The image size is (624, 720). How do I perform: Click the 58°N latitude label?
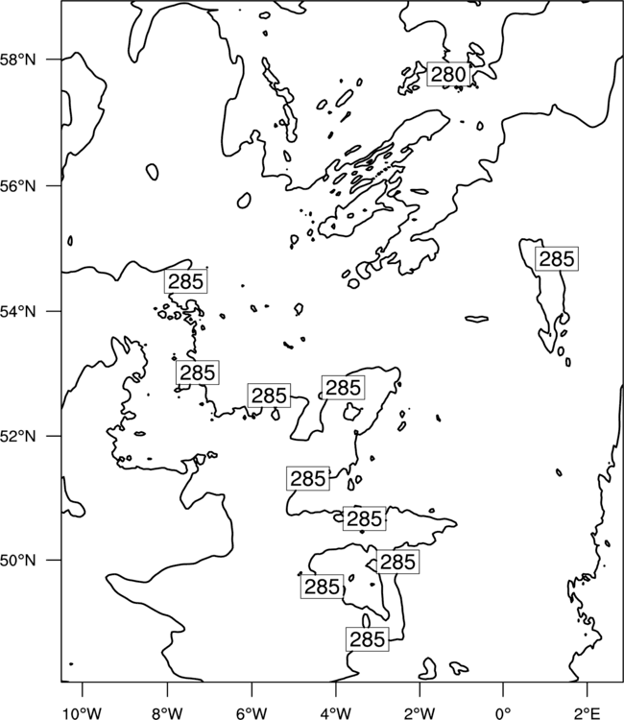(18, 60)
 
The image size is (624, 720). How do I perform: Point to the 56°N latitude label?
(18, 186)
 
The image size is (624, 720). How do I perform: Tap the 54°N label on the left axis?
(18, 311)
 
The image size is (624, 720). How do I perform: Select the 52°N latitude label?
(18, 436)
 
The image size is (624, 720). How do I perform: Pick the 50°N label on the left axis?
(18, 561)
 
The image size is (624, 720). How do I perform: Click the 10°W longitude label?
(83, 714)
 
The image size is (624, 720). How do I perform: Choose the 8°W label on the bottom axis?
(167, 714)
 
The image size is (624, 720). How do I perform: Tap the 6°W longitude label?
(252, 714)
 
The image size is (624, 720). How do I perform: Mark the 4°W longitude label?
(336, 714)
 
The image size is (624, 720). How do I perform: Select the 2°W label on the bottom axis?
(420, 714)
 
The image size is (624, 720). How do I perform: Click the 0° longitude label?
(504, 714)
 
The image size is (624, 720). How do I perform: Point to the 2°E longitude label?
(588, 714)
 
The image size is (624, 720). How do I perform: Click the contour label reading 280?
(448, 74)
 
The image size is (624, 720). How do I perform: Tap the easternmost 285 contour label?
(557, 259)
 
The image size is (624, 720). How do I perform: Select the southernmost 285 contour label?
(368, 639)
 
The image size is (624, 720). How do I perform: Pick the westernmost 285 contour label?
(185, 281)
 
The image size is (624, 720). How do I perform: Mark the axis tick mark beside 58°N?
(54, 60)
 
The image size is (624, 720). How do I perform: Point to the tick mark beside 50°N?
(54, 561)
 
